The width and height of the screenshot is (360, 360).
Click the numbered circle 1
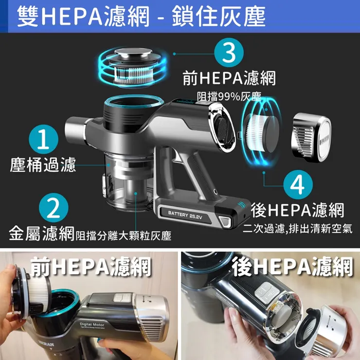tap(43, 139)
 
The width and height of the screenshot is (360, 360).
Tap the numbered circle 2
tap(54, 208)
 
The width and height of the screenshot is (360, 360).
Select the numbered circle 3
tap(229, 53)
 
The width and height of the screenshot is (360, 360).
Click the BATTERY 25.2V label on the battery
tap(185, 215)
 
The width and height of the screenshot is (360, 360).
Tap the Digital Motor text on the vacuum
tap(92, 324)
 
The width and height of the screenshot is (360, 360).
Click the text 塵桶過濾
tap(43, 164)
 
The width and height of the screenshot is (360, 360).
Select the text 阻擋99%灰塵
tap(229, 97)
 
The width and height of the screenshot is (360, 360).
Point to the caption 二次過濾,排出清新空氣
tap(297, 229)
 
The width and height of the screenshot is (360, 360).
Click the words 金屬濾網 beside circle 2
tap(41, 233)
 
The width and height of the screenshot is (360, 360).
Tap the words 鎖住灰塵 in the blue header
tap(219, 17)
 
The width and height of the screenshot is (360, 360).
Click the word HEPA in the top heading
tap(72, 17)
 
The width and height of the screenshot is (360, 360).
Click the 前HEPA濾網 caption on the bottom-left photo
tap(91, 266)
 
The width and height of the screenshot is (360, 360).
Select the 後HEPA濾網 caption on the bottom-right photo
tap(292, 266)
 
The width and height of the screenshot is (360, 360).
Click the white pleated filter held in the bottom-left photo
tap(38, 291)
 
